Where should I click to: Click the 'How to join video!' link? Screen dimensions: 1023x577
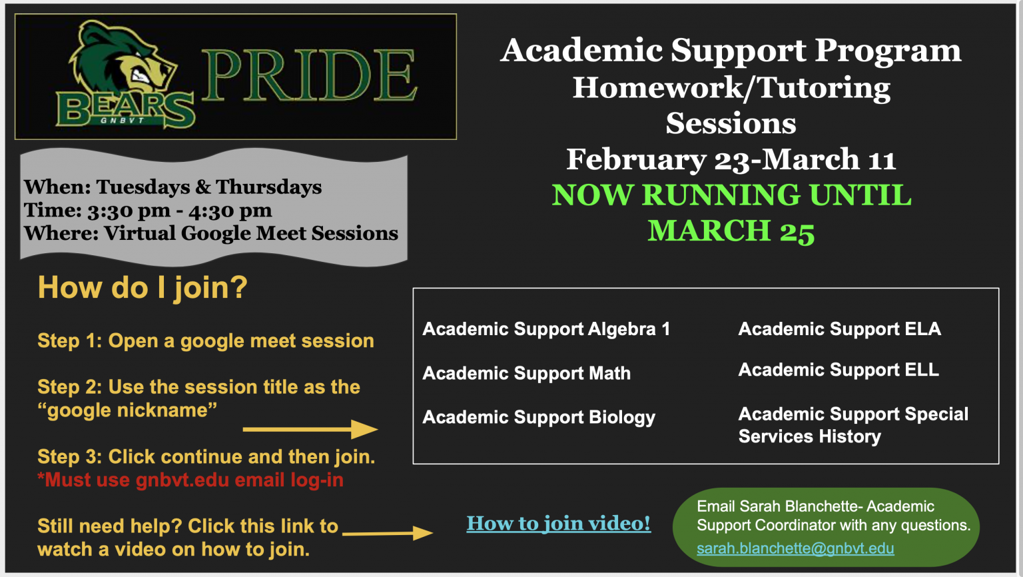(558, 524)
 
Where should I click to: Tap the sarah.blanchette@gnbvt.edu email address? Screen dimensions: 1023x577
(795, 548)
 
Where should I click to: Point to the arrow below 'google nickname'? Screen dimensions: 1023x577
(310, 430)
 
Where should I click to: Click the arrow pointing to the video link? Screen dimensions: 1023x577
(387, 533)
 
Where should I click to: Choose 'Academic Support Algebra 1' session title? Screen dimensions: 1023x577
(545, 329)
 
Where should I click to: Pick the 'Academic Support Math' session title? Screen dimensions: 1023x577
(526, 373)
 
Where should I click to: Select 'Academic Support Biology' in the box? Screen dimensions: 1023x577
(538, 418)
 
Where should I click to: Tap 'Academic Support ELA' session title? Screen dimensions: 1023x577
(839, 329)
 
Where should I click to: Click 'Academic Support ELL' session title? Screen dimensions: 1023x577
(839, 370)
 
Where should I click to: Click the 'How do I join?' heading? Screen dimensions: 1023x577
(143, 288)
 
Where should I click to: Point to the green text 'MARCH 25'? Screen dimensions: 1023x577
(731, 231)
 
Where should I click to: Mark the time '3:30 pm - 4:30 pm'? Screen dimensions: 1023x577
(179, 211)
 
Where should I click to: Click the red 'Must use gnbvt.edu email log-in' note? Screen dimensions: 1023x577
(190, 480)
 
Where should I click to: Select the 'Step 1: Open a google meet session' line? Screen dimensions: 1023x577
(206, 341)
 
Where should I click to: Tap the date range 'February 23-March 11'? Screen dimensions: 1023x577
(731, 159)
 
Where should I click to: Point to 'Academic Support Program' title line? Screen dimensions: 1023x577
(731, 50)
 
